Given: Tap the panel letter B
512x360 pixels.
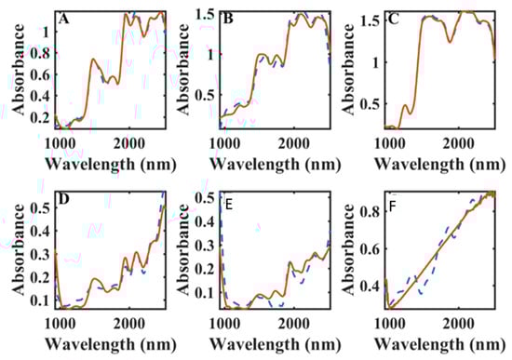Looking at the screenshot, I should [x=226, y=19].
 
